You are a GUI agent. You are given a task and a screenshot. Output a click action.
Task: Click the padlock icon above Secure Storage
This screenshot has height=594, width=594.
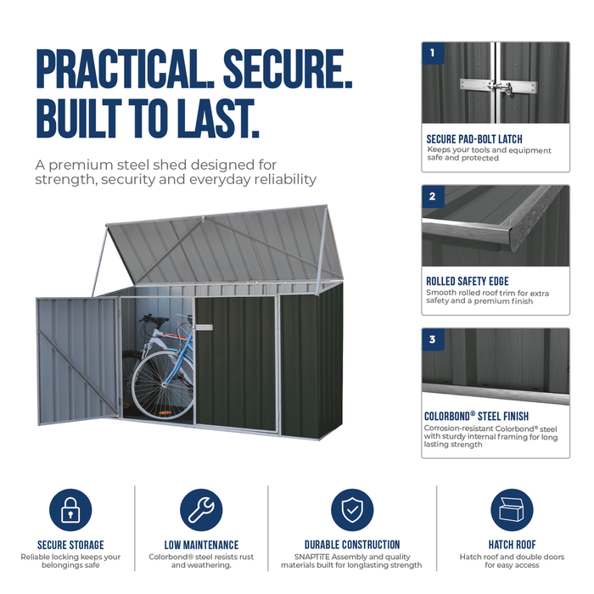pos(70,509)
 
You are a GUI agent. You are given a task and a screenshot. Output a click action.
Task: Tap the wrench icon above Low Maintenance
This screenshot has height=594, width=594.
pos(201,509)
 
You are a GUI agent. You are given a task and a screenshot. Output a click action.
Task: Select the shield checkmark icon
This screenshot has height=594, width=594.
pos(352,509)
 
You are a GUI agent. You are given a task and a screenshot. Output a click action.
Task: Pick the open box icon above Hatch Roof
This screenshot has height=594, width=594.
pos(512,509)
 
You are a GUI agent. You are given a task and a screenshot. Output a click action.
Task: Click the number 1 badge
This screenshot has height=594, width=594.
pos(433,53)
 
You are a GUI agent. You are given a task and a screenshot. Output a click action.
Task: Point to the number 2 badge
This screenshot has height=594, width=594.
pos(433,196)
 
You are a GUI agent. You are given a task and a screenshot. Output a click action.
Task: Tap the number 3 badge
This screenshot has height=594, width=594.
pos(433,339)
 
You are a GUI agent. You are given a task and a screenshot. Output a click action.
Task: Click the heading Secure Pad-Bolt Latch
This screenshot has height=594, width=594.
pos(474,139)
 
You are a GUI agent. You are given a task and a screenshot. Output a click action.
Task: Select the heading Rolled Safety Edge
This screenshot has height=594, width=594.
pos(468,281)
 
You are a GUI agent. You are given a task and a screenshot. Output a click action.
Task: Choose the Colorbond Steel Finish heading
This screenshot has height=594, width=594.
pos(476,416)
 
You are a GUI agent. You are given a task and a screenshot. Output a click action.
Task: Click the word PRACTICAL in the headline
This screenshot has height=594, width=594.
pos(126,70)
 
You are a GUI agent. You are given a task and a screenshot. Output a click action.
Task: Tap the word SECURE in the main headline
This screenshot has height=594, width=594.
pos(288,70)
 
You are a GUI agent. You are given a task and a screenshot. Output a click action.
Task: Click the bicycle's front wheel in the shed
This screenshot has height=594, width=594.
pos(163,385)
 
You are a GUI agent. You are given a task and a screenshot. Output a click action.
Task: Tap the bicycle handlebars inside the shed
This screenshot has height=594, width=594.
pos(154,318)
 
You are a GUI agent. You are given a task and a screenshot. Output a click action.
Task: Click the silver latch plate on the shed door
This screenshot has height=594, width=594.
pos(204,328)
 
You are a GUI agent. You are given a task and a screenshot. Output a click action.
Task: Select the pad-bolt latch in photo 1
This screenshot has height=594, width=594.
pos(499,87)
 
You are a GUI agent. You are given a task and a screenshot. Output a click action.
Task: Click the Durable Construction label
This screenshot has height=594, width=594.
pos(352,545)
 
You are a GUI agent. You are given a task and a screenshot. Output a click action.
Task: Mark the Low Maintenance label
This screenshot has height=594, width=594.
pos(201,545)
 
